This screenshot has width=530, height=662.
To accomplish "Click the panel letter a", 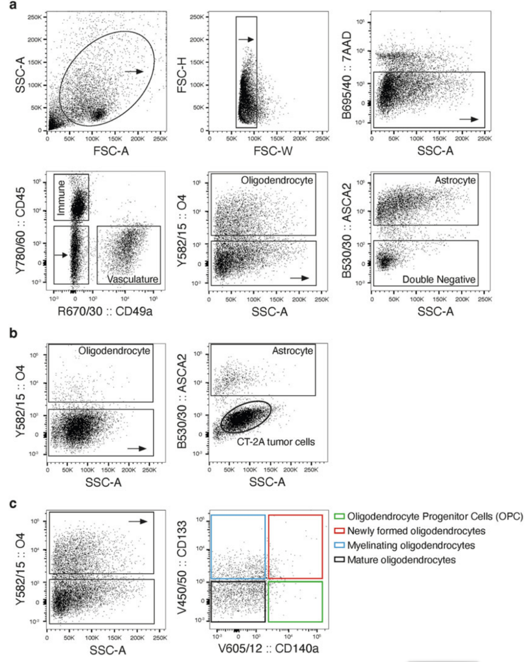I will [13, 5].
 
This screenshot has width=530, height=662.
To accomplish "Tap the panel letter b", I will [13, 333].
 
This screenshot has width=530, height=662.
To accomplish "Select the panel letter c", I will [13, 504].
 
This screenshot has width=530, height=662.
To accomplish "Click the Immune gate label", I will [61, 197].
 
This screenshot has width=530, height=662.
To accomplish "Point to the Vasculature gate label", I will [132, 279].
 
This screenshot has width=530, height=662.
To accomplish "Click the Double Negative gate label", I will [439, 279].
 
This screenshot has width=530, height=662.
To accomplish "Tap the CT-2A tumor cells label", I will [276, 442].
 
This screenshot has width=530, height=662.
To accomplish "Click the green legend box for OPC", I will [339, 516].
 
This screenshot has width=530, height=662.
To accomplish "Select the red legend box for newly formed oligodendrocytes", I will [339, 530].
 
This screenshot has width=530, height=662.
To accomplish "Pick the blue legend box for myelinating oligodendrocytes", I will [339, 545].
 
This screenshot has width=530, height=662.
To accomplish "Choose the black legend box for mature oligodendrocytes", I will [339, 559].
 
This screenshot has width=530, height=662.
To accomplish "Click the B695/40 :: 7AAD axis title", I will [347, 76].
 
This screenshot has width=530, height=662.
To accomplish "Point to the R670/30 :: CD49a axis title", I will [105, 311].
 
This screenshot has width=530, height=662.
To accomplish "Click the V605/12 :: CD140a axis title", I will [268, 649].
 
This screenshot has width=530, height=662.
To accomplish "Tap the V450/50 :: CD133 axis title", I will [182, 567].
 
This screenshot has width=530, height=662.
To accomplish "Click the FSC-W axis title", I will [273, 151].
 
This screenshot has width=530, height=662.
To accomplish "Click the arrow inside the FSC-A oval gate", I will [133, 72].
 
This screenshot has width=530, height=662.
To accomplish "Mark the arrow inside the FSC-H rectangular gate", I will [246, 39].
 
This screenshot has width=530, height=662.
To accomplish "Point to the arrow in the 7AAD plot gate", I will [469, 119].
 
